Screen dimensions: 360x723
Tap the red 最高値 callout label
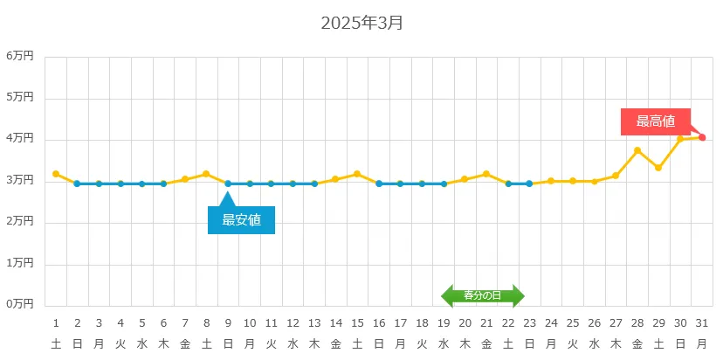[x=655, y=121]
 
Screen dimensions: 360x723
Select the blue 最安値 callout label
[x=241, y=220]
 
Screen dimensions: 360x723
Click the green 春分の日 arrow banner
[x=483, y=296]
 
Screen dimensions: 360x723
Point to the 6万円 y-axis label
[x=20, y=56]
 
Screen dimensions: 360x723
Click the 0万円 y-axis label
[x=20, y=304]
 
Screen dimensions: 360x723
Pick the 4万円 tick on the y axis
[x=20, y=139]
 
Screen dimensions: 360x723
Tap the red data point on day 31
[x=702, y=137]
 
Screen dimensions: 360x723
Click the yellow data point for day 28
[x=637, y=150]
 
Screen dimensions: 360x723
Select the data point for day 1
[x=56, y=174]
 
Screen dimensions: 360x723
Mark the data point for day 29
[x=659, y=168]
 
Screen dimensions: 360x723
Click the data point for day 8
[x=206, y=174]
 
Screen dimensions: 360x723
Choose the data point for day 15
[x=357, y=174]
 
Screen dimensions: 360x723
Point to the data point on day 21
[x=486, y=174]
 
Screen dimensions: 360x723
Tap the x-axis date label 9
[x=228, y=322]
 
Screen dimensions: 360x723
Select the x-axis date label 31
[x=702, y=322]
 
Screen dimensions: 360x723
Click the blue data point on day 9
[x=228, y=183]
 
